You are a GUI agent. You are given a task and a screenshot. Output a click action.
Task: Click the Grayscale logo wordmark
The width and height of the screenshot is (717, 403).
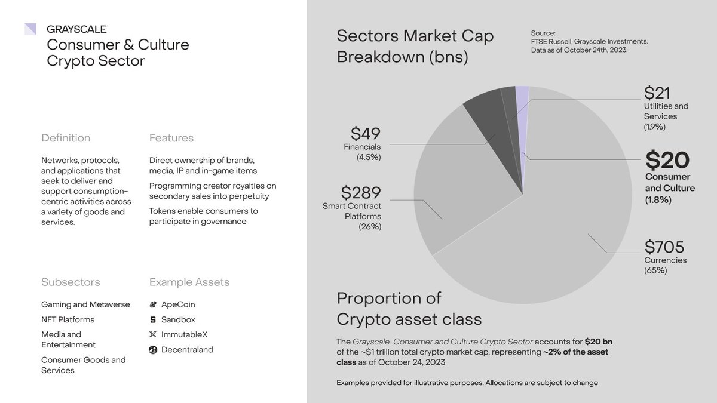click(76, 29)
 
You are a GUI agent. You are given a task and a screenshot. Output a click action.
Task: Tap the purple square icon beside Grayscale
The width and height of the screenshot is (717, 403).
click(30, 29)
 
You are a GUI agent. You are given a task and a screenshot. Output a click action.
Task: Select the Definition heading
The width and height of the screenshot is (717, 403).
click(66, 138)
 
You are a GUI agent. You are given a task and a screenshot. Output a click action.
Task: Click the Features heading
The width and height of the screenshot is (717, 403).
click(171, 138)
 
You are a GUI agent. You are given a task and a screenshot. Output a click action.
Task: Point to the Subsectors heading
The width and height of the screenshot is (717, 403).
click(71, 282)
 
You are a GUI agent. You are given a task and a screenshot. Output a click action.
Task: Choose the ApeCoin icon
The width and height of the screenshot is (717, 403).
click(153, 304)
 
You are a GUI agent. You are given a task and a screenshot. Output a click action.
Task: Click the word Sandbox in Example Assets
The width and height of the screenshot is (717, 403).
click(178, 319)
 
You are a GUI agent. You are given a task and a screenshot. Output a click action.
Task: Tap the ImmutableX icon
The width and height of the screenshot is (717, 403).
click(153, 335)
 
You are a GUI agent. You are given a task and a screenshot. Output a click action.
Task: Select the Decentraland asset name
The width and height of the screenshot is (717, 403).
click(187, 350)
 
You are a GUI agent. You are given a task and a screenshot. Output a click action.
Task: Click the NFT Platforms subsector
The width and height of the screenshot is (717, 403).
click(68, 319)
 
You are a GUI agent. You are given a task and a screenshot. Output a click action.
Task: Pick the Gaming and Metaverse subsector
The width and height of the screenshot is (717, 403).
click(85, 304)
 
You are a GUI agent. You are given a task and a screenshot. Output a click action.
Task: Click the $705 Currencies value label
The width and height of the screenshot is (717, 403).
click(664, 247)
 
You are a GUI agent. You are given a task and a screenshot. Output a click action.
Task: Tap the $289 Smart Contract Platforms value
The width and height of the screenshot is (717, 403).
click(361, 193)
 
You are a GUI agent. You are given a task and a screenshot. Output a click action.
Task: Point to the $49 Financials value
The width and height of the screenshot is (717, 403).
click(365, 134)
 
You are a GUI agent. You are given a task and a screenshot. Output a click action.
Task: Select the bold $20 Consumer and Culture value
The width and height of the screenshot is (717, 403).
click(667, 160)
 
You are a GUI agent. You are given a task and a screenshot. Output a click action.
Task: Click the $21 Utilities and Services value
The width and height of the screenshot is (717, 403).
click(657, 93)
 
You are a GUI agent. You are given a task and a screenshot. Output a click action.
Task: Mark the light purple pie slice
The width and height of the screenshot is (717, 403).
click(522, 101)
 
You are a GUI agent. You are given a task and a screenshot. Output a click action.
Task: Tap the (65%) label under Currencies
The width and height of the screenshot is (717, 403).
click(655, 270)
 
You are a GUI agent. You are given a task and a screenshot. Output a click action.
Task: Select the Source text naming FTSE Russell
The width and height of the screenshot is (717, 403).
click(589, 41)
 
